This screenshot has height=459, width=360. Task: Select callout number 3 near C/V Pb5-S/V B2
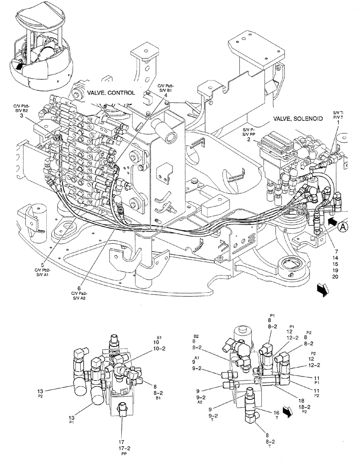(22, 117)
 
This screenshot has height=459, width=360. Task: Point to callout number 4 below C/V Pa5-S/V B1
(159, 95)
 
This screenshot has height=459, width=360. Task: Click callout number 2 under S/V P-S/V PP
(248, 139)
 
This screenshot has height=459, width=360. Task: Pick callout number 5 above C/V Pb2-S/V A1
(43, 265)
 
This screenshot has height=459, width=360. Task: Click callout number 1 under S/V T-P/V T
(338, 123)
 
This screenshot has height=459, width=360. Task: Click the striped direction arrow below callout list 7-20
(323, 290)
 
